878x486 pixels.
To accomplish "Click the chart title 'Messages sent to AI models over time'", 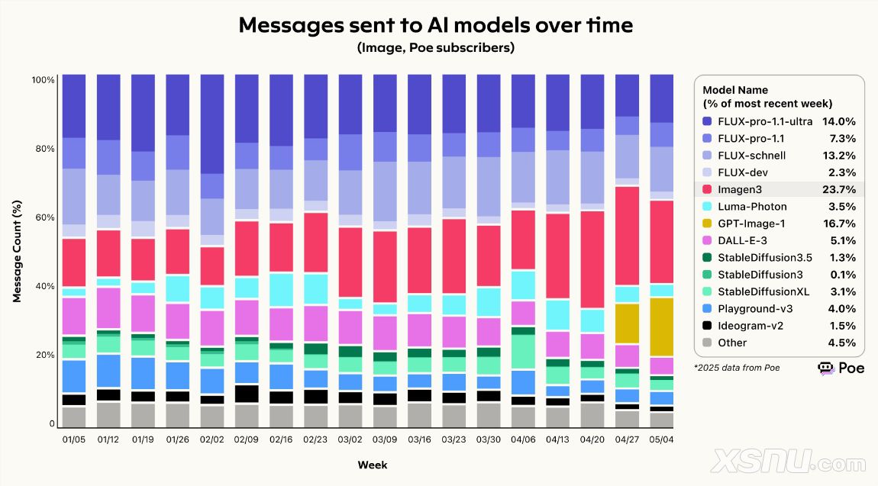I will pyautogui.click(x=435, y=24).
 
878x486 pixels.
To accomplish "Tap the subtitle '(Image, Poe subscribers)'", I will pyautogui.click(x=435, y=48).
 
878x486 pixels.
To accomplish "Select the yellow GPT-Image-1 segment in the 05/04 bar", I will pyautogui.click(x=661, y=327).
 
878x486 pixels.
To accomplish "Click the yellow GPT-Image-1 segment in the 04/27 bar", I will pyautogui.click(x=627, y=323).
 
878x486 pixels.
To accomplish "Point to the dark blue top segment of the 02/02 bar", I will pyautogui.click(x=211, y=124).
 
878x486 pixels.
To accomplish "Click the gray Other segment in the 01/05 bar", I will pyautogui.click(x=73, y=417).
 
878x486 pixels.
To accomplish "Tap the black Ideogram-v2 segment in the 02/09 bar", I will pyautogui.click(x=246, y=394).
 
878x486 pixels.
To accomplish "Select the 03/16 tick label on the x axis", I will pyautogui.click(x=419, y=440).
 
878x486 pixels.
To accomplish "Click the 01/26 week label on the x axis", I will pyautogui.click(x=177, y=440).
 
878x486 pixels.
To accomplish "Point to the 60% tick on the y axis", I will pyautogui.click(x=44, y=217).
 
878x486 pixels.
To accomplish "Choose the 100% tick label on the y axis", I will pyautogui.click(x=42, y=80).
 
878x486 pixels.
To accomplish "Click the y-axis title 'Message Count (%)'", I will pyautogui.click(x=17, y=252).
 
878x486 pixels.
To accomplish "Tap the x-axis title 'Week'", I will pyautogui.click(x=372, y=465).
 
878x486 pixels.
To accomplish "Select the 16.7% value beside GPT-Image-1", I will pyautogui.click(x=838, y=224).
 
